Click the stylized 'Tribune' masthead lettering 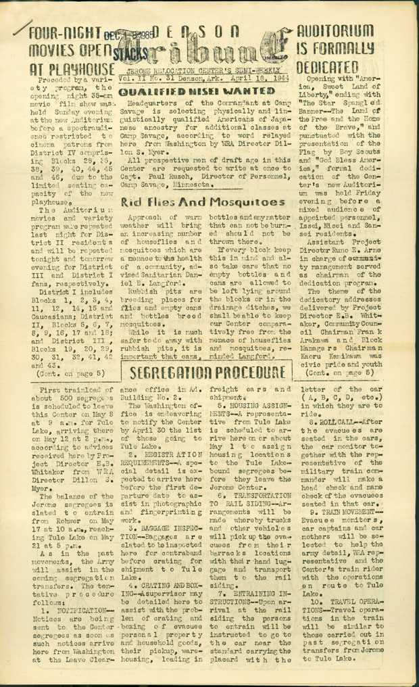(203, 51)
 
